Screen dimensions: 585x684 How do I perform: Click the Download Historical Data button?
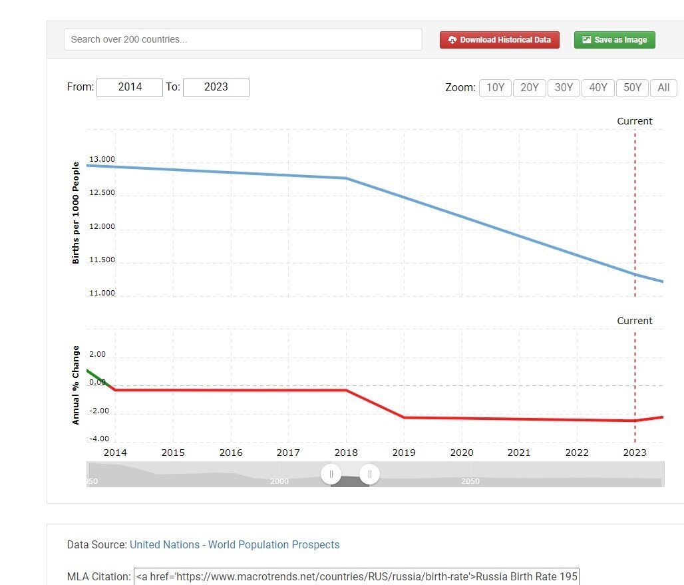coord(500,40)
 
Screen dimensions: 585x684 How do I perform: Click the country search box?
coord(243,39)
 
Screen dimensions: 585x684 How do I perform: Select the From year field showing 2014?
coord(130,87)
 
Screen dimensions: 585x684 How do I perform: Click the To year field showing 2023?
coord(216,87)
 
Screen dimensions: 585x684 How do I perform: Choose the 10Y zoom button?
coord(496,88)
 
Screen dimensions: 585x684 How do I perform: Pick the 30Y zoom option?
coord(564,88)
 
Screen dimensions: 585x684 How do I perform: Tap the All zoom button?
coord(663,88)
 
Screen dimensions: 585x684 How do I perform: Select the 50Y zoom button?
coord(632,88)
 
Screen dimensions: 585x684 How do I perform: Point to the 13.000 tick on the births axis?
coord(102,160)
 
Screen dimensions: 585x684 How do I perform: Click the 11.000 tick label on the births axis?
coord(102,293)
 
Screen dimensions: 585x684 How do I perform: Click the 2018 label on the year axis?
coord(346,453)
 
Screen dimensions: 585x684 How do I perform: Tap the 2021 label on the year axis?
coord(519,453)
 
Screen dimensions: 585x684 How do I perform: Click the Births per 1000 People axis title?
coord(76,213)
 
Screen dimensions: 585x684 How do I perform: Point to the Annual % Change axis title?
coord(76,385)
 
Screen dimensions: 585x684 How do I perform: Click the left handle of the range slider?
coord(331,475)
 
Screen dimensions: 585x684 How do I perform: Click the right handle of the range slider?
coord(369,475)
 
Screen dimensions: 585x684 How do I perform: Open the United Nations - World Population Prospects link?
coord(234,545)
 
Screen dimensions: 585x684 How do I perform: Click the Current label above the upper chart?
coord(635,121)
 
